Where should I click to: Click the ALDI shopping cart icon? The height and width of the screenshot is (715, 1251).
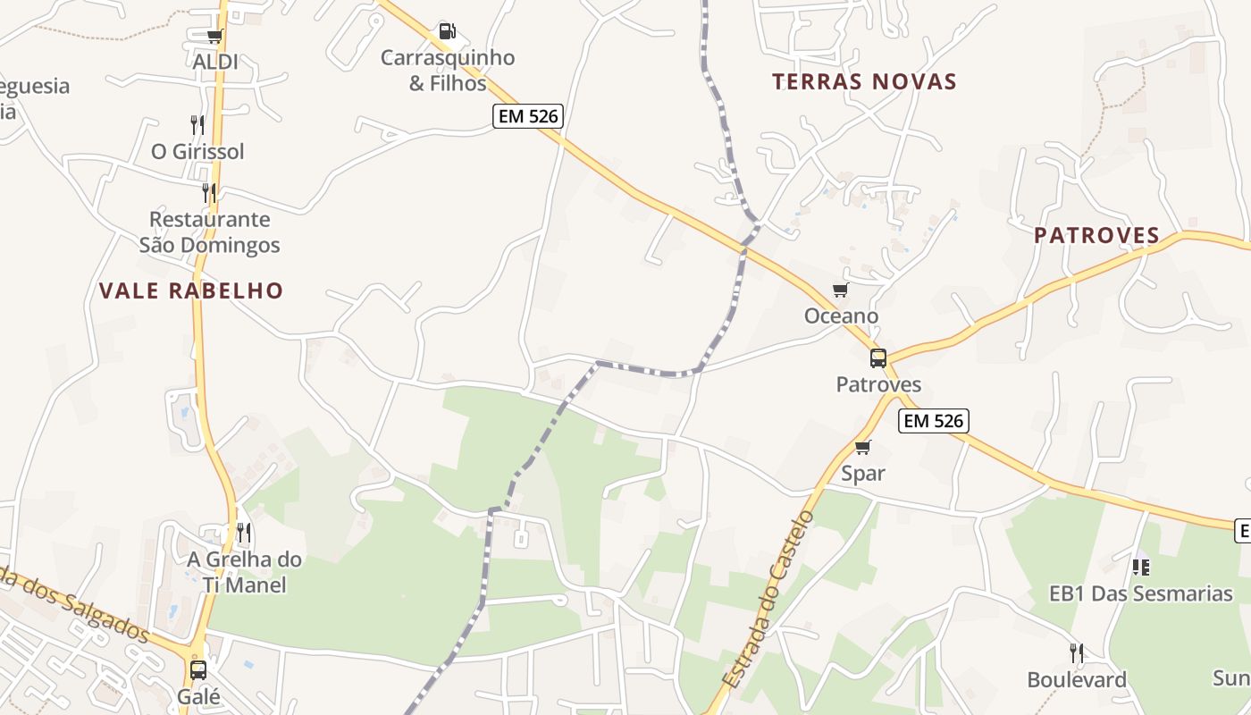click(x=214, y=37)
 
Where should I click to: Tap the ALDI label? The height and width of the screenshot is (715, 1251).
click(x=215, y=62)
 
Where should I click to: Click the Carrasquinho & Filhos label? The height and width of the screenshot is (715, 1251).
click(x=448, y=71)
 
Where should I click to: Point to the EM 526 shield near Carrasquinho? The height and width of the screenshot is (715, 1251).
click(x=527, y=116)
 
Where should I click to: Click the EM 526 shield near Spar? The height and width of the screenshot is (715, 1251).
click(x=934, y=421)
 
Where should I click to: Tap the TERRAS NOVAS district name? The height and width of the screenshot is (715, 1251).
click(x=864, y=82)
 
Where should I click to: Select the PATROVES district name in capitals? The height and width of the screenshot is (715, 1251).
click(x=1096, y=236)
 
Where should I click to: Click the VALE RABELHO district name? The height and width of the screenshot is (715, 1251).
click(x=191, y=290)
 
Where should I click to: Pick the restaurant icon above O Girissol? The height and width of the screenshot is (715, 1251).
click(x=197, y=124)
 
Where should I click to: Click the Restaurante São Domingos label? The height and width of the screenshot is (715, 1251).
click(x=210, y=231)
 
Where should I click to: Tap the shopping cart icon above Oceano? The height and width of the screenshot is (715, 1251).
click(x=840, y=290)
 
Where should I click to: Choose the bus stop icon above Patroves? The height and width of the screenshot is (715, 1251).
click(x=878, y=358)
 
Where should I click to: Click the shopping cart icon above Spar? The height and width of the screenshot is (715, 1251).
click(x=862, y=447)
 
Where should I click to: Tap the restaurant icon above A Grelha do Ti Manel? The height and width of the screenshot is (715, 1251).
click(x=243, y=533)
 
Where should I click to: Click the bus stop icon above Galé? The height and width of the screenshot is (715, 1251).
click(x=198, y=669)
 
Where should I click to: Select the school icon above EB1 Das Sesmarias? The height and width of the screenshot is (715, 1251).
click(x=1140, y=567)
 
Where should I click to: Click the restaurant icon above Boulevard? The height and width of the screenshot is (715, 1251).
click(x=1077, y=653)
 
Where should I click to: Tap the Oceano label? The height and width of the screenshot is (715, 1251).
click(x=841, y=316)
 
